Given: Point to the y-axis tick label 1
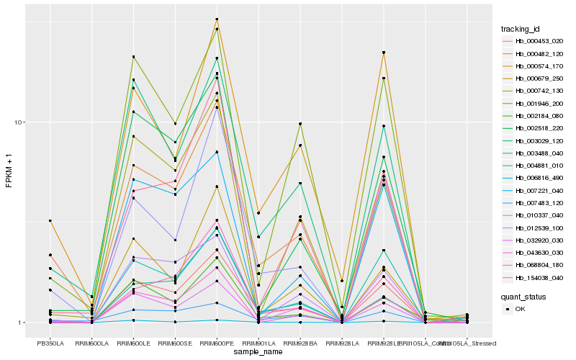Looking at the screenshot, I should [x=21, y=323].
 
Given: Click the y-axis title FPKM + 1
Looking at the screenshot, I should [x=9, y=171].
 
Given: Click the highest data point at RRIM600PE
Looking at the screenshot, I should [x=217, y=19].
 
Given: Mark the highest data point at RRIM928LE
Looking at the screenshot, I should [x=384, y=53].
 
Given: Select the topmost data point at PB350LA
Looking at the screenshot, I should [x=50, y=220].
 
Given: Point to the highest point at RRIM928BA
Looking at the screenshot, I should [x=300, y=124].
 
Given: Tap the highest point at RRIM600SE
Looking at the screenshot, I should [x=175, y=124].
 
